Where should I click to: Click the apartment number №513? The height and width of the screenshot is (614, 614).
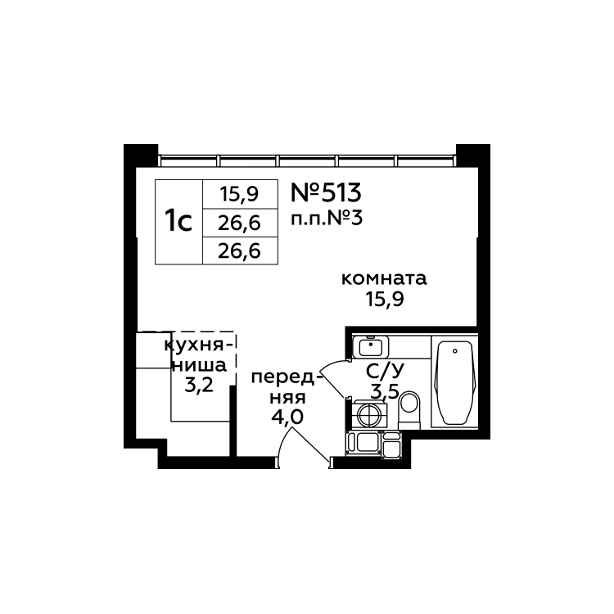326,193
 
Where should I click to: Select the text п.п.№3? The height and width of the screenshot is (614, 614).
326,219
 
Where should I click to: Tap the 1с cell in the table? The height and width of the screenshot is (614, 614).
178,221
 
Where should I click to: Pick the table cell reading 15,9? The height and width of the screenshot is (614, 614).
239,195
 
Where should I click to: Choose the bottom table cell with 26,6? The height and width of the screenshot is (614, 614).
239,251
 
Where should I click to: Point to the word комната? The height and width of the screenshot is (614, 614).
385,279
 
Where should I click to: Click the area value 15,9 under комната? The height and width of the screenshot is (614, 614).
384,299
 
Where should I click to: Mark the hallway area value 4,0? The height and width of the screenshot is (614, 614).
287,416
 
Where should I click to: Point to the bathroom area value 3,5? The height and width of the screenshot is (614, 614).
385,391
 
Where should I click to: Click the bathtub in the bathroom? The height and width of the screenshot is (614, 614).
453,383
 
